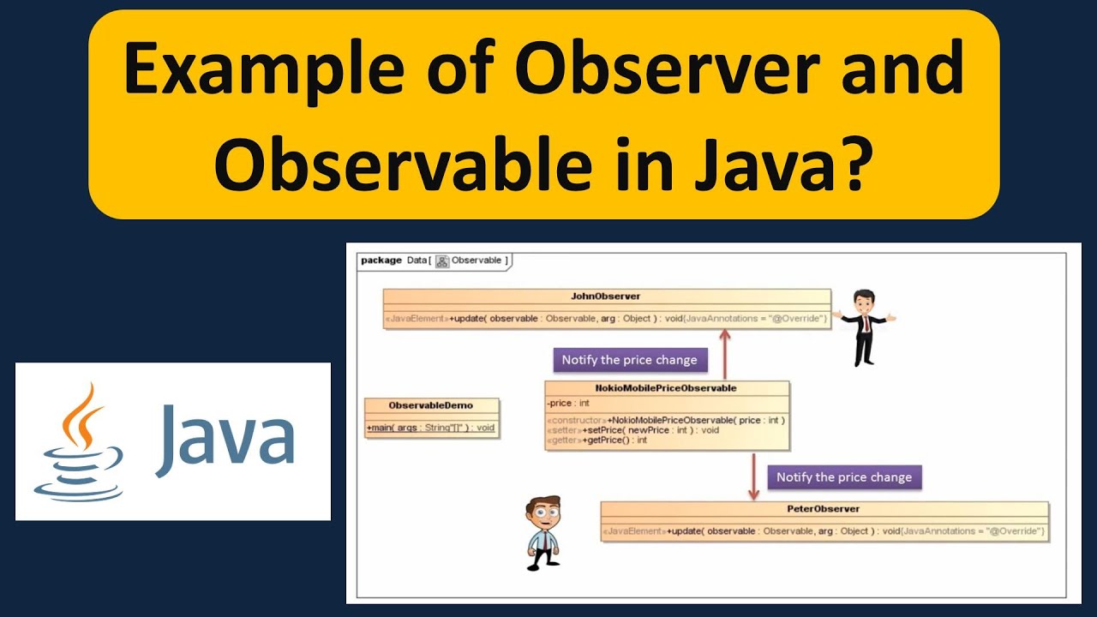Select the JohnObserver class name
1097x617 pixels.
[606, 297]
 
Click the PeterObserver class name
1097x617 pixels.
[823, 509]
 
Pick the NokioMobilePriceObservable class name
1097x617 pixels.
[666, 388]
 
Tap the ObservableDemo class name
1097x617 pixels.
[430, 405]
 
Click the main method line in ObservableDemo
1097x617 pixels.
[430, 427]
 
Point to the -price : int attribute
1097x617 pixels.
[568, 403]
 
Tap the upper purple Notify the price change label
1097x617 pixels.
[629, 360]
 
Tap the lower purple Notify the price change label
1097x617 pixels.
[843, 477]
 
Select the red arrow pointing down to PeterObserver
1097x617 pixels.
[753, 477]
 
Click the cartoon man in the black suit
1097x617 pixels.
[864, 326]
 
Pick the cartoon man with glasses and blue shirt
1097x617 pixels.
[543, 531]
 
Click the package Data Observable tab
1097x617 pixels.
[435, 261]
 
